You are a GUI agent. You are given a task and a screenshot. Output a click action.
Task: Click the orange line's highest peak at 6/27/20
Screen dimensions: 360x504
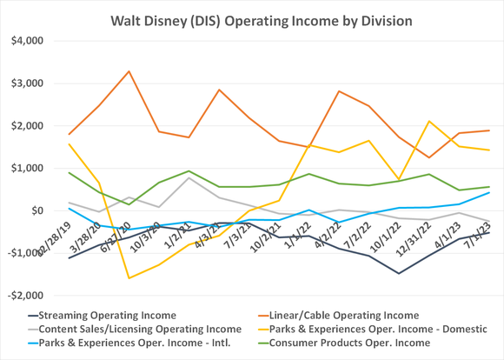129,71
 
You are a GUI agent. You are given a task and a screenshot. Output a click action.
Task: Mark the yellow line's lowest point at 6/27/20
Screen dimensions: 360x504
129,278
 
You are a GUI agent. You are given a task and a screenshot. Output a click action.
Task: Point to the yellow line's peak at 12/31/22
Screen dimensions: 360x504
429,122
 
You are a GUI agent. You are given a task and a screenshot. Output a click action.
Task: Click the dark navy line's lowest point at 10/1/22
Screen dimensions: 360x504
400,274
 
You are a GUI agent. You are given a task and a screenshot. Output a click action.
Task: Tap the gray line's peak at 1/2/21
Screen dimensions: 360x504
189,177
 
